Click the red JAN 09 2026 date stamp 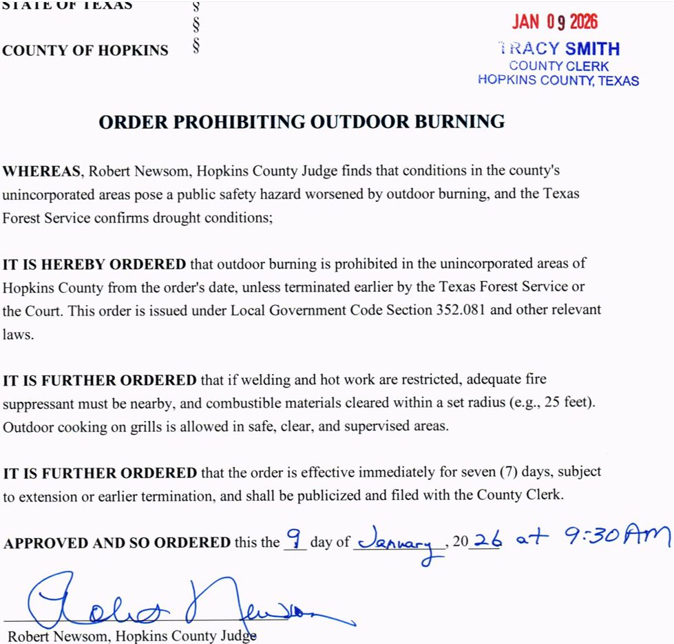click(554, 22)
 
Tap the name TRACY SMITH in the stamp click(558, 49)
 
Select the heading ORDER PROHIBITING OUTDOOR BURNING click(302, 122)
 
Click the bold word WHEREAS click(43, 170)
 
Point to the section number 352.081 click(462, 310)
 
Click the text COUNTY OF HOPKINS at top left click(85, 50)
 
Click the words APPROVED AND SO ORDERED click(117, 543)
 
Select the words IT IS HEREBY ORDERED click(94, 264)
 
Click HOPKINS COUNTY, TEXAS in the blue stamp click(558, 81)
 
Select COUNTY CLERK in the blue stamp click(559, 66)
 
